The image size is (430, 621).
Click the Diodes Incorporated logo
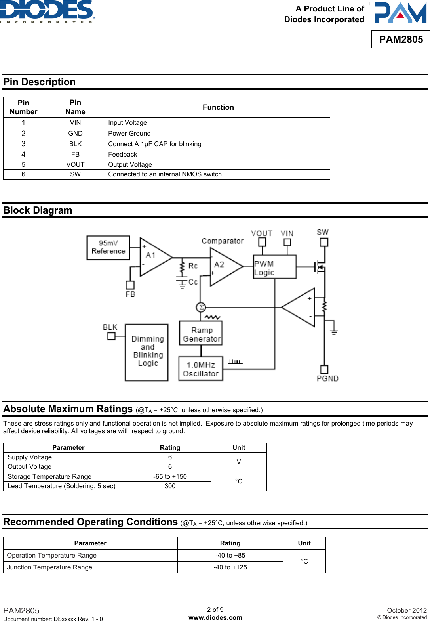(x=48, y=12)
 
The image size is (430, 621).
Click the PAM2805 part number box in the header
(x=401, y=39)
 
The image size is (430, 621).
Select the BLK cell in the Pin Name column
(x=75, y=144)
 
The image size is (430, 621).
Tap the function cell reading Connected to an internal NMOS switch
(x=165, y=174)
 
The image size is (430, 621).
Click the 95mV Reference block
(x=108, y=247)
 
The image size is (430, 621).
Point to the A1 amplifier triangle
(x=152, y=257)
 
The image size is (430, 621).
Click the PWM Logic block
(x=274, y=267)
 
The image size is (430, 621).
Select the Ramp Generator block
(x=201, y=333)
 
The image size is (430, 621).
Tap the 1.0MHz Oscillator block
(x=201, y=369)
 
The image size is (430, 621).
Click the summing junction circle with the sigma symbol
(x=201, y=307)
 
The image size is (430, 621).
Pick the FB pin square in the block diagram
(x=130, y=285)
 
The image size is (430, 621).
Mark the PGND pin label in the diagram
(x=327, y=379)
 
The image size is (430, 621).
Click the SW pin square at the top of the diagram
(x=324, y=242)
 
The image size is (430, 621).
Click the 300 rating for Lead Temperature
(x=170, y=486)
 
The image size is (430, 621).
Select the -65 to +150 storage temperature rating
(x=170, y=476)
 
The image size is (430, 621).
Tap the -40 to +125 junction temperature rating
(x=230, y=567)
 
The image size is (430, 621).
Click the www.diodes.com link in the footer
(x=215, y=617)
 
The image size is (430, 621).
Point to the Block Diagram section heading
(x=38, y=210)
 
